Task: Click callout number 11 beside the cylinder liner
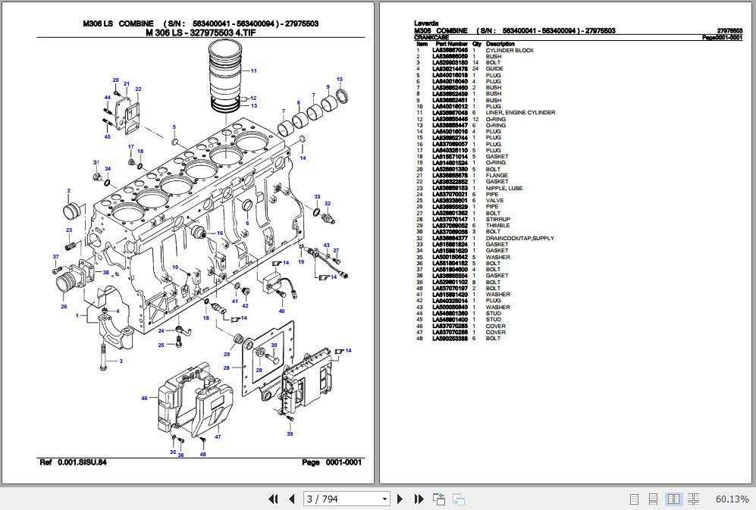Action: [x=254, y=70]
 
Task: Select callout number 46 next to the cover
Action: [x=144, y=398]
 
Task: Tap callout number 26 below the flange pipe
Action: [x=64, y=306]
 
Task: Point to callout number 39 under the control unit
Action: [x=290, y=434]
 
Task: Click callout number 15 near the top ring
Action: [x=340, y=80]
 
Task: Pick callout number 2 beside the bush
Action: [x=68, y=190]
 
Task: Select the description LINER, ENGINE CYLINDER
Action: [x=520, y=113]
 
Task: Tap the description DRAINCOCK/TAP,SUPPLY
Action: [x=519, y=239]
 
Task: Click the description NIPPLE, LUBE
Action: [x=503, y=188]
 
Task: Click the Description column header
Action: [x=500, y=44]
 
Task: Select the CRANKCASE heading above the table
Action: [x=432, y=37]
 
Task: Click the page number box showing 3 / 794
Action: [x=346, y=499]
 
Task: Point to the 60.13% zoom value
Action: [x=732, y=499]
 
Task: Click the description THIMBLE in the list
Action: [x=497, y=226]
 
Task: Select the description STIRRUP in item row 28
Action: [x=497, y=220]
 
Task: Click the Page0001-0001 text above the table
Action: [x=721, y=37]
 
